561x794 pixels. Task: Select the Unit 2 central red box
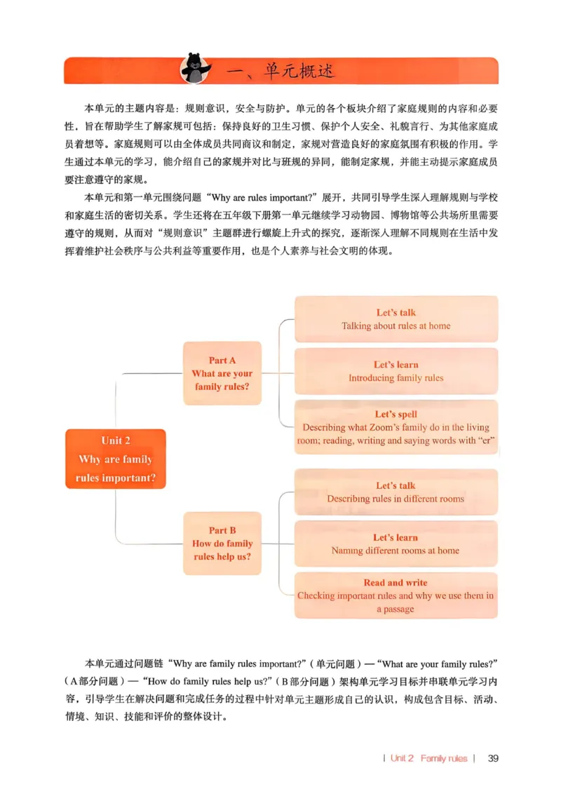115,459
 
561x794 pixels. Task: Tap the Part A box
222,373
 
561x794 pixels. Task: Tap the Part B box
222,544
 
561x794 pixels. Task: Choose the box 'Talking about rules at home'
396,319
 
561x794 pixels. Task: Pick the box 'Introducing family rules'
396,371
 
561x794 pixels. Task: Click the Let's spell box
396,427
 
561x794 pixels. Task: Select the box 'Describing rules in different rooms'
396,492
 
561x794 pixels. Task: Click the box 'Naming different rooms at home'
396,544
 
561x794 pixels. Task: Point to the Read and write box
396,595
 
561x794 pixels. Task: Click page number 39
492,758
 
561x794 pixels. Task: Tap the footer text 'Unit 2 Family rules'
429,758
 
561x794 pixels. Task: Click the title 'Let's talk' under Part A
396,313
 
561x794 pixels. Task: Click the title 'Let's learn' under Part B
396,537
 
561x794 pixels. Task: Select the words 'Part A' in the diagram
222,361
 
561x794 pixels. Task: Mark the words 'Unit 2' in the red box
116,440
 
